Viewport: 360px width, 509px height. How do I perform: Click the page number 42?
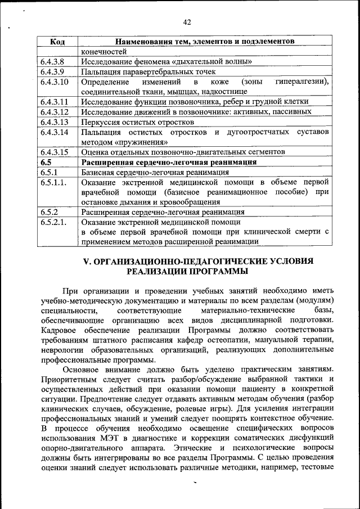pyautogui.click(x=187, y=22)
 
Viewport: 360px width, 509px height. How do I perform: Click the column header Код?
pyautogui.click(x=57, y=42)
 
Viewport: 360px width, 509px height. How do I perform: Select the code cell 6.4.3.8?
pyautogui.click(x=52, y=61)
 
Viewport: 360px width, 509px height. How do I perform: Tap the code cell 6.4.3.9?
pyautogui.click(x=52, y=71)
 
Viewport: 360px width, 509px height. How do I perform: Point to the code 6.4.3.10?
pyautogui.click(x=54, y=82)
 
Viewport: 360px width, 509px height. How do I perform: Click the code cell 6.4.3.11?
pyautogui.click(x=54, y=102)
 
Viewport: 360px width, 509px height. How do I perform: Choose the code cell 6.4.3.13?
pyautogui.click(x=54, y=122)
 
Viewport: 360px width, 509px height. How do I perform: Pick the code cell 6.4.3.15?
pyautogui.click(x=54, y=152)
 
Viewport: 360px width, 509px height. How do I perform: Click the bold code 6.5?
pyautogui.click(x=46, y=162)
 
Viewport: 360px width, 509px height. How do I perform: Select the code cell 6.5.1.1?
pyautogui.click(x=53, y=182)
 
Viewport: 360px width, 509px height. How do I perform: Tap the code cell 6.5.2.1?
pyautogui.click(x=53, y=223)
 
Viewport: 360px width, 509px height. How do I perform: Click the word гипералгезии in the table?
pyautogui.click(x=301, y=82)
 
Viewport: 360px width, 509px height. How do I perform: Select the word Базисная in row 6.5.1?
pyautogui.click(x=98, y=172)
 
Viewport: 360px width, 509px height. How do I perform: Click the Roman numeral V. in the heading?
pyautogui.click(x=87, y=262)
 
